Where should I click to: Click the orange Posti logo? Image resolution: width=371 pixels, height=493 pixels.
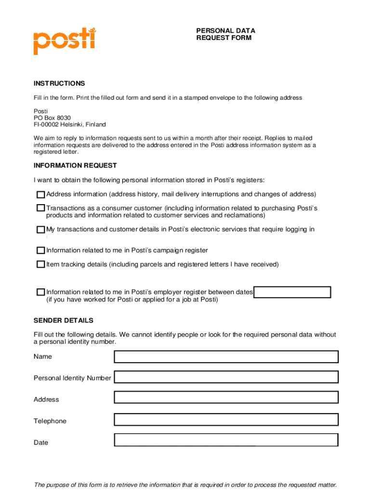[x=64, y=41]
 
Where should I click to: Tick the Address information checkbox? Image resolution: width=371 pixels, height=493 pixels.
[x=41, y=195]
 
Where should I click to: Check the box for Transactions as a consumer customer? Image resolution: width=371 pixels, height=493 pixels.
[x=41, y=208]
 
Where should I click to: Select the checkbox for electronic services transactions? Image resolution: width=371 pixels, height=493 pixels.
[x=41, y=230]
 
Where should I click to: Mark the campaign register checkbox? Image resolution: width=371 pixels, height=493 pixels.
[x=41, y=251]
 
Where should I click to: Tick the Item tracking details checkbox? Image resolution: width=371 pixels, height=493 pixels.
[x=41, y=265]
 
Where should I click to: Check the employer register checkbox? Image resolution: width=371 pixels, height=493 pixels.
[x=41, y=292]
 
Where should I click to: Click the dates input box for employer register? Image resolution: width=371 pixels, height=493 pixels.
[x=292, y=292]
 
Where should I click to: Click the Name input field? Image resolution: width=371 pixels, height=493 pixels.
[x=226, y=357]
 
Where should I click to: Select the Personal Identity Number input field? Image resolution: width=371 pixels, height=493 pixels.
[x=226, y=377]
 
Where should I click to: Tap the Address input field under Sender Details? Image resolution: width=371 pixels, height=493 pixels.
[x=226, y=397]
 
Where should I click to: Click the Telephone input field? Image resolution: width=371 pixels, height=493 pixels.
[x=226, y=420]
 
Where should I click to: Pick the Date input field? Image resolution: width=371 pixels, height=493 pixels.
[x=226, y=440]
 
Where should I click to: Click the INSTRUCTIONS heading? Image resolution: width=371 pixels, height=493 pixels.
[x=59, y=83]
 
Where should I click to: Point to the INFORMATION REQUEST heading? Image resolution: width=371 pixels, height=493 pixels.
[x=75, y=166]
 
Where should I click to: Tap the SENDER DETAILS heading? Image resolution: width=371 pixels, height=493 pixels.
[x=64, y=321]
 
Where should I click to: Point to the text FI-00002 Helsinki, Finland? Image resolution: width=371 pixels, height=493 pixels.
[x=69, y=125]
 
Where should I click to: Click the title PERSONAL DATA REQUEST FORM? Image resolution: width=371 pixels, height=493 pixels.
[x=225, y=34]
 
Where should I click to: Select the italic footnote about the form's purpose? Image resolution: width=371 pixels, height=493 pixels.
[x=185, y=485]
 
